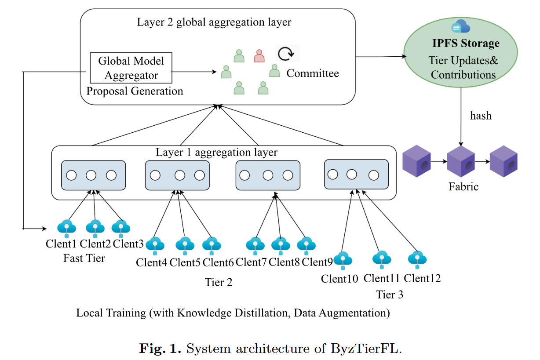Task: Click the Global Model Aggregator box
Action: (131, 68)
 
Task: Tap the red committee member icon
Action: (259, 56)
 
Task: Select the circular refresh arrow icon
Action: (287, 53)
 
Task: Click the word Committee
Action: (313, 73)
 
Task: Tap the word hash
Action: (481, 116)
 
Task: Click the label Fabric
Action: (463, 186)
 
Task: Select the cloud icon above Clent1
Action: (66, 228)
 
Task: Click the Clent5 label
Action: (185, 263)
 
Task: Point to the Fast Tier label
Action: (84, 258)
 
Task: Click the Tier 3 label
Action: (390, 294)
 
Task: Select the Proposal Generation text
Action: (135, 91)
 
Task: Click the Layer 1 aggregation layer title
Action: (216, 153)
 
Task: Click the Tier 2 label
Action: (219, 282)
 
